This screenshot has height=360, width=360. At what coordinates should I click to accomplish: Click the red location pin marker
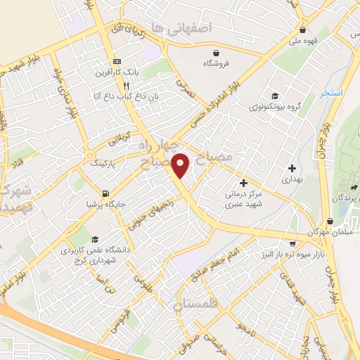pyautogui.click(x=181, y=165)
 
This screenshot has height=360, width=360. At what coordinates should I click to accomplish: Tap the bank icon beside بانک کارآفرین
pyautogui.click(x=117, y=61)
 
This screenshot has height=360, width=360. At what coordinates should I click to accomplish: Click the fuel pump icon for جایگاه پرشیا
pyautogui.click(x=105, y=193)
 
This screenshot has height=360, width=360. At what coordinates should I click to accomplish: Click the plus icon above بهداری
pyautogui.click(x=292, y=168)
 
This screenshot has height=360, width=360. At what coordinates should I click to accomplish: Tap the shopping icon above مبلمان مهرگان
pyautogui.click(x=329, y=221)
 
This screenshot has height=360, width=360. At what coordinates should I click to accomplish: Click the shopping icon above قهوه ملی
pyautogui.click(x=302, y=30)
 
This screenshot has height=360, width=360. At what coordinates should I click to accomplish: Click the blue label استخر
pyautogui.click(x=329, y=93)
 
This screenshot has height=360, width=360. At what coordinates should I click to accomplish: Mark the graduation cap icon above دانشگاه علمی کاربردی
pyautogui.click(x=79, y=239)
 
